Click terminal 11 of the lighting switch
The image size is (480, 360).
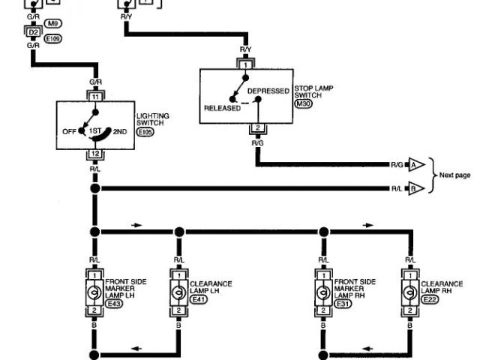click(x=95, y=97)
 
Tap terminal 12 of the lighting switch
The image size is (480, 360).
click(x=95, y=154)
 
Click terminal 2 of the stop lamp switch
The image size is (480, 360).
click(x=257, y=128)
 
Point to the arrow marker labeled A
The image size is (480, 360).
click(x=415, y=163)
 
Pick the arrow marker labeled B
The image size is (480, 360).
click(x=415, y=188)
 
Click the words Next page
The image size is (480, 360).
click(x=454, y=175)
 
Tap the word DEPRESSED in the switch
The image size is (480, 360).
click(x=268, y=91)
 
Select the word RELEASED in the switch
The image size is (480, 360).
click(x=222, y=108)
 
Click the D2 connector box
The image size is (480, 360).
click(x=32, y=33)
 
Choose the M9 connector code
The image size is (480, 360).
click(x=54, y=25)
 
